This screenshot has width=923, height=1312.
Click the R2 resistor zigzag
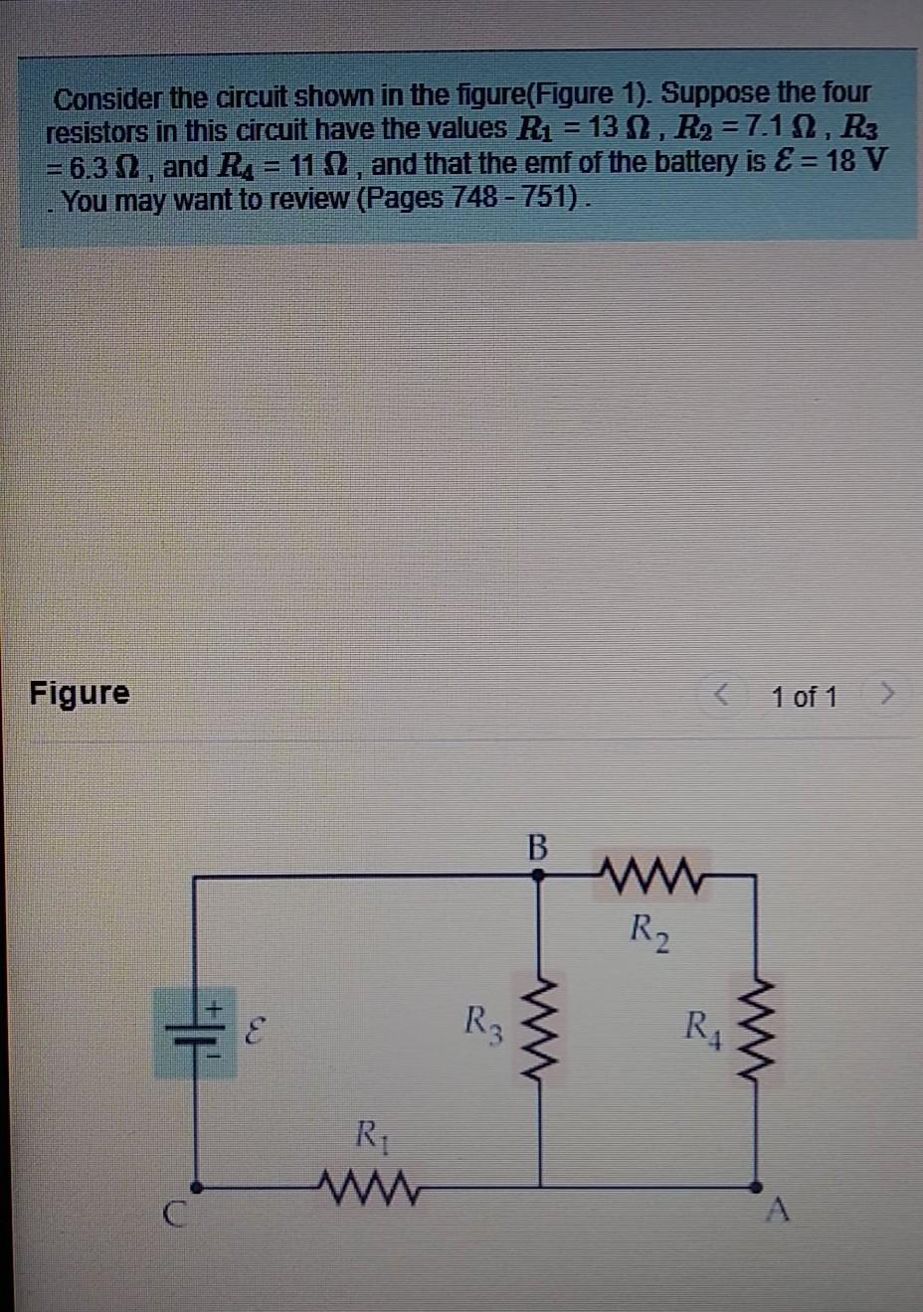(651, 876)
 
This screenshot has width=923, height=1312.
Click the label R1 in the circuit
(369, 1134)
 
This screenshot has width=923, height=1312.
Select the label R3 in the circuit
(483, 1022)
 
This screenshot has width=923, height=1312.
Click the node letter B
(537, 847)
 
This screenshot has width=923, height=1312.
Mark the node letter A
(779, 1211)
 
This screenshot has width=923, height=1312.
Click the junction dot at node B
(538, 876)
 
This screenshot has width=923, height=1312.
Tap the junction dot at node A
(756, 1186)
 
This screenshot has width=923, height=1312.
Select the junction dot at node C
(196, 1186)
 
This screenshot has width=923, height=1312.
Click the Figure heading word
(80, 693)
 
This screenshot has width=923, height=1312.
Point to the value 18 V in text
(854, 161)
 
